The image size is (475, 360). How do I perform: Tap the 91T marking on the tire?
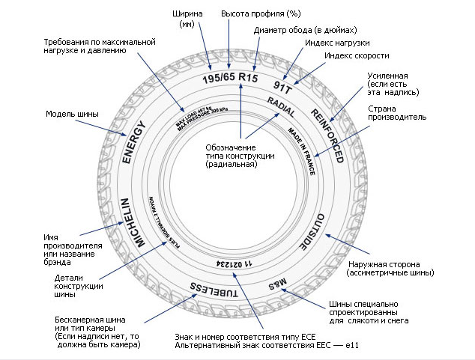pos(285,86)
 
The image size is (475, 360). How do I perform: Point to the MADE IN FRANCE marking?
pos(301,150)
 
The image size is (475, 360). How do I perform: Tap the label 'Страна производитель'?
pos(397,113)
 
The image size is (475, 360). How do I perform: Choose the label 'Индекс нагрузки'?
pos(337,43)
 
